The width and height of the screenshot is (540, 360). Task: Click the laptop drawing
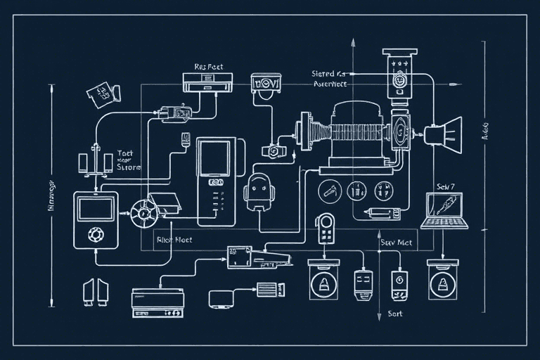tap(444, 210)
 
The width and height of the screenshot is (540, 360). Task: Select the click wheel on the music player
tap(93, 233)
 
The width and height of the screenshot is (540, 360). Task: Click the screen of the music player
tap(95, 209)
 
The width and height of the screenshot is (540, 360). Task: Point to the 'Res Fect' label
tap(208, 67)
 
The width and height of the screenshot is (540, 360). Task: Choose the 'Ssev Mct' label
tap(396, 242)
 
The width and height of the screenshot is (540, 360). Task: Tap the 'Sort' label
tap(395, 314)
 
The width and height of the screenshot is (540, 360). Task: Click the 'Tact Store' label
tap(127, 160)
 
